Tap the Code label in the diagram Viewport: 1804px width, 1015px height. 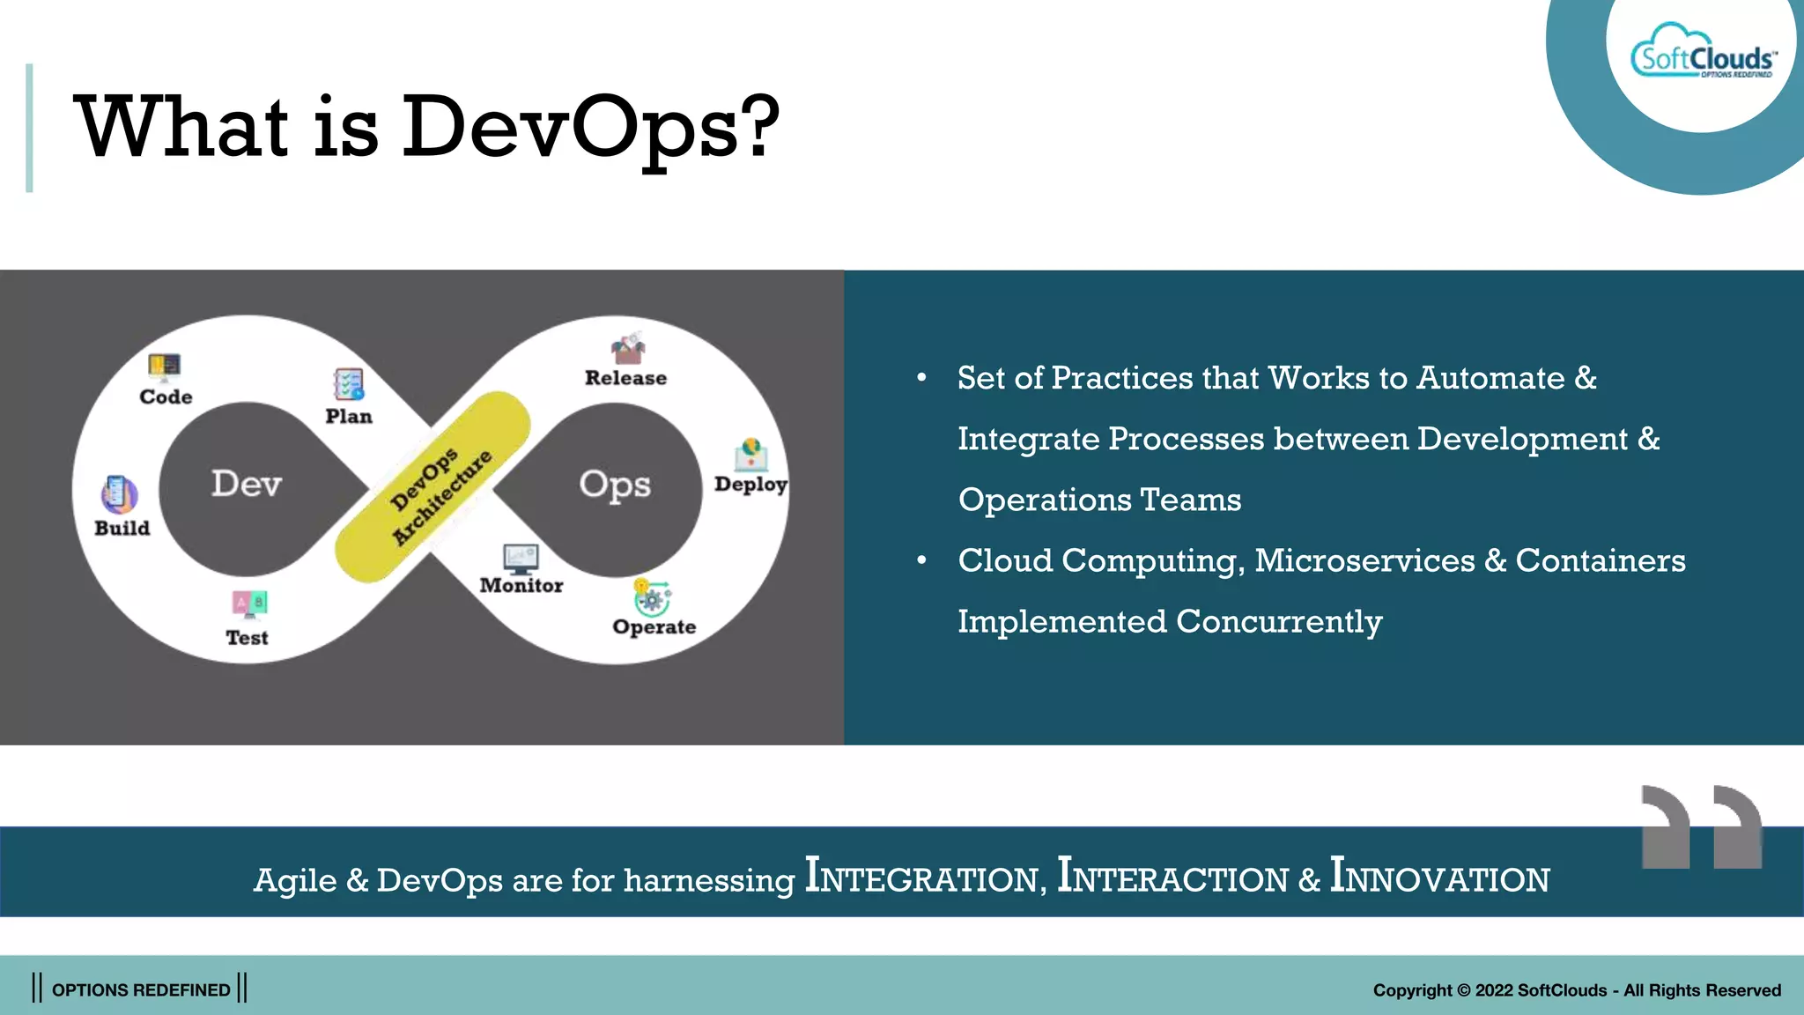click(x=166, y=396)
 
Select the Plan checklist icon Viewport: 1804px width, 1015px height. click(x=349, y=384)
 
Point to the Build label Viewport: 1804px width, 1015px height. click(x=122, y=528)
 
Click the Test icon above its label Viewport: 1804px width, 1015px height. click(x=249, y=604)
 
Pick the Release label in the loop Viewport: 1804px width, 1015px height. click(x=625, y=378)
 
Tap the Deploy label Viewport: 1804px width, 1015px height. click(x=750, y=484)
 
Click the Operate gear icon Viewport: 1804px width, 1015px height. click(x=652, y=598)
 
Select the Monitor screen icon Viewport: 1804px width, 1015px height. click(x=521, y=559)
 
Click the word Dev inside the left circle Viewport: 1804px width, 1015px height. click(x=247, y=484)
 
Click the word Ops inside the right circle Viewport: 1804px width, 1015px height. click(x=615, y=485)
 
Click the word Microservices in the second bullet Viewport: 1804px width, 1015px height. click(x=1364, y=560)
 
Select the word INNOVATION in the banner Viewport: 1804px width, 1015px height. click(x=1439, y=877)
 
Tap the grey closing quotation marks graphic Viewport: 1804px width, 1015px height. click(x=1701, y=826)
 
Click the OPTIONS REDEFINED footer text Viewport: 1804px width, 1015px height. click(x=141, y=989)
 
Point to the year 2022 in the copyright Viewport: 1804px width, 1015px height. click(x=1494, y=990)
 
